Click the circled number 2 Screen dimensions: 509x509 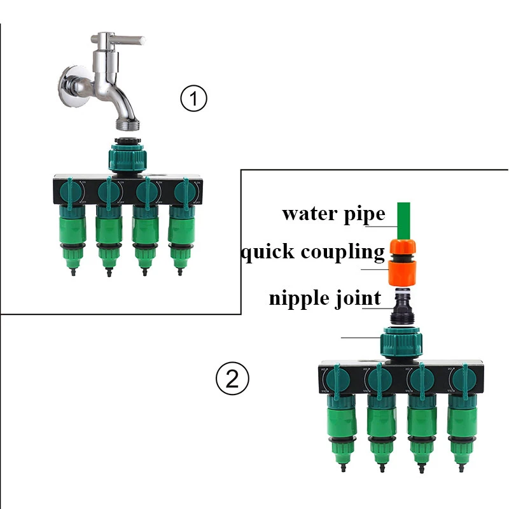[232, 379]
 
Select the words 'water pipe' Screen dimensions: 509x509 [333, 213]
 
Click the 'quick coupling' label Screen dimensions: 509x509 [312, 252]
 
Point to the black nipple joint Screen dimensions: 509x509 [403, 308]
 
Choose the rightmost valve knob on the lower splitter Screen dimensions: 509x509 [462, 380]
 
